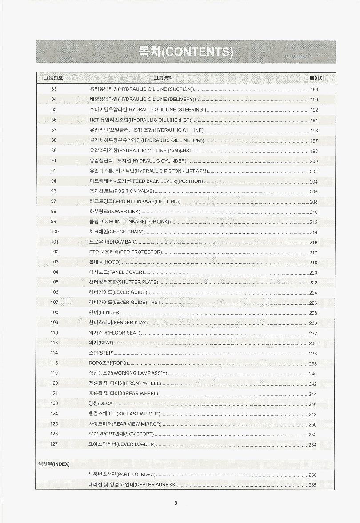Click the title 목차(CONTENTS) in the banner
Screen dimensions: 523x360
[x=186, y=52]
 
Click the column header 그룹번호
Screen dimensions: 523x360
[x=53, y=78]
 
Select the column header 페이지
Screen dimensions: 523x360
[x=316, y=78]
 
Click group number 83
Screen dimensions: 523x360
[x=54, y=89]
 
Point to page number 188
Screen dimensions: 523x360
[x=314, y=90]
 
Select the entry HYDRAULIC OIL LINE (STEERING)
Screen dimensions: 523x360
[x=148, y=109]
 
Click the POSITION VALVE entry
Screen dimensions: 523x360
[x=122, y=191]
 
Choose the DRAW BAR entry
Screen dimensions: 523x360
[x=113, y=242]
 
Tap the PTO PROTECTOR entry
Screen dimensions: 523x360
[x=125, y=252]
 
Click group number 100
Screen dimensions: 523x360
[x=55, y=232]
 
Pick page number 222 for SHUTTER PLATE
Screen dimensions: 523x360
[x=313, y=283]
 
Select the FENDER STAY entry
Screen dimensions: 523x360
[x=118, y=323]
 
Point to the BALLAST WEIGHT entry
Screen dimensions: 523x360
[x=124, y=414]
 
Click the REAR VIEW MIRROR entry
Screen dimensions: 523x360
[x=125, y=424]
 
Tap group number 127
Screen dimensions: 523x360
[x=54, y=444]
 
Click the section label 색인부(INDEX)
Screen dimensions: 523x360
[x=53, y=464]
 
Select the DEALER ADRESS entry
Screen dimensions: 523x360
[x=132, y=484]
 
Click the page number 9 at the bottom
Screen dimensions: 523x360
[x=176, y=503]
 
